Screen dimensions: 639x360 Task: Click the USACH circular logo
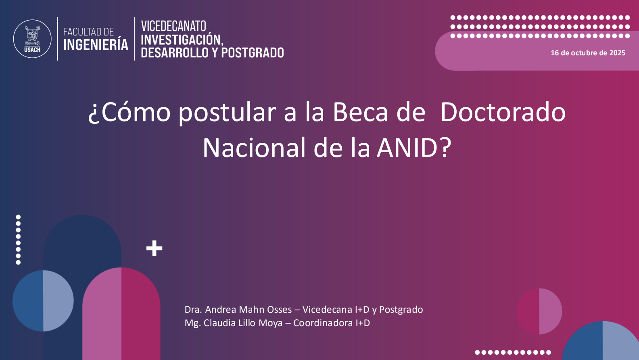pos(32,39)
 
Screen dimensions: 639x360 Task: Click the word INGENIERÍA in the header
pos(96,45)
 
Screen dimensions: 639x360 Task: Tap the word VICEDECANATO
pos(173,26)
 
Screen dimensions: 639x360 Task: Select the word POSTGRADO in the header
pos(253,53)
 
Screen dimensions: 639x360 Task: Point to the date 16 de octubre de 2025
pos(588,53)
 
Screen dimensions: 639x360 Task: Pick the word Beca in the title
pos(361,112)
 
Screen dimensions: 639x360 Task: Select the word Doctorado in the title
pos(503,112)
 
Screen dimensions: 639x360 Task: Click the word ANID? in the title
pos(414,148)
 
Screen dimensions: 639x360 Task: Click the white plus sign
pos(155,248)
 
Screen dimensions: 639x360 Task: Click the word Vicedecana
pos(327,310)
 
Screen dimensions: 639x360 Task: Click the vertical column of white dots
pos(18,240)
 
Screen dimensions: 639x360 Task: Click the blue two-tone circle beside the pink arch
pos(43,301)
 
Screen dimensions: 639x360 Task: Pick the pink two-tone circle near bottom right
pos(539,311)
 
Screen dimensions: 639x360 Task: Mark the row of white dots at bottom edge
pos(513,352)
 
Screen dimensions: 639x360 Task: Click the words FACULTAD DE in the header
pos(88,32)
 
